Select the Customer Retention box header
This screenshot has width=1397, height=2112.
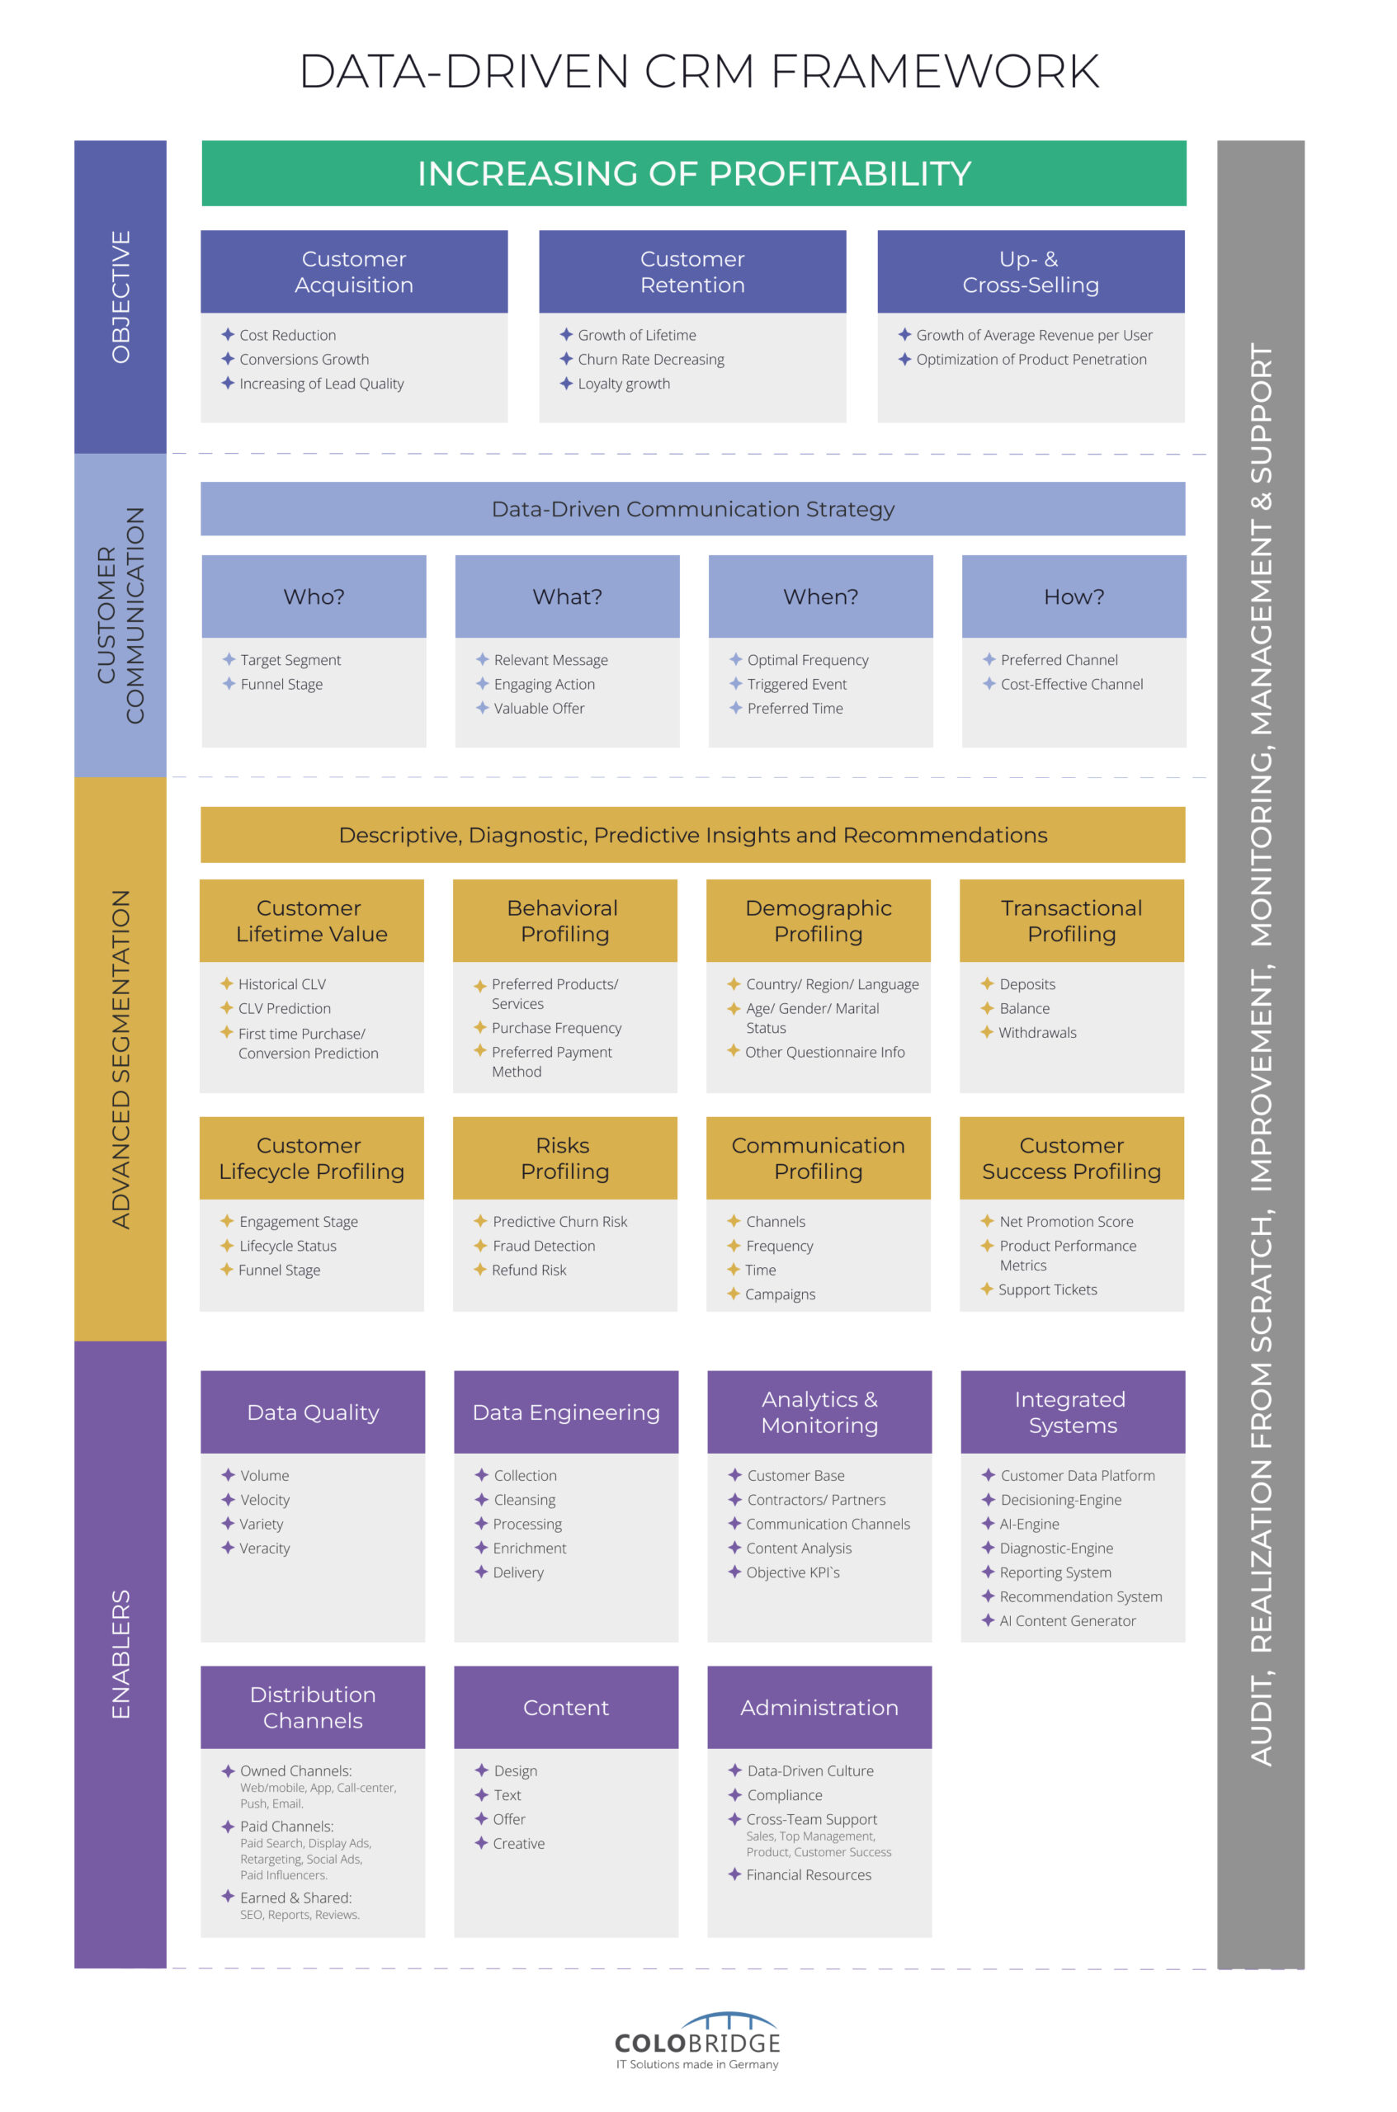tap(692, 271)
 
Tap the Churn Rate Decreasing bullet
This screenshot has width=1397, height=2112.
tap(650, 360)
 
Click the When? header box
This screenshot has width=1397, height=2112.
tap(819, 596)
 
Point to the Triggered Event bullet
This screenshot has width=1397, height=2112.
tap(796, 684)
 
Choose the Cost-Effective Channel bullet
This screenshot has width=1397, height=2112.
tap(1071, 684)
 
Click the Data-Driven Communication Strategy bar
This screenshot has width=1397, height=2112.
tap(692, 510)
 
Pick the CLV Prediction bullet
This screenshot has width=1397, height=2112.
tap(284, 1008)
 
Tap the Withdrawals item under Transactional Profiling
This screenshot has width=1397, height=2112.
tap(1036, 1032)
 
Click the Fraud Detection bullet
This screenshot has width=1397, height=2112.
tap(543, 1245)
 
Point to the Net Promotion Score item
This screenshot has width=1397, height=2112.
tap(1065, 1221)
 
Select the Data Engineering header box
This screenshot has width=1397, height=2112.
tap(566, 1412)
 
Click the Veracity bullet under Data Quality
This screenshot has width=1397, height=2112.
tap(264, 1549)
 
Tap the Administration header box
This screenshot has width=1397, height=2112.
tap(819, 1707)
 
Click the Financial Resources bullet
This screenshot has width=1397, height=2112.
tap(808, 1874)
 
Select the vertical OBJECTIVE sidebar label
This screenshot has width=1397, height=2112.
tap(120, 297)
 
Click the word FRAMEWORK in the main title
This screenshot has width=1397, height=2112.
tap(935, 71)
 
